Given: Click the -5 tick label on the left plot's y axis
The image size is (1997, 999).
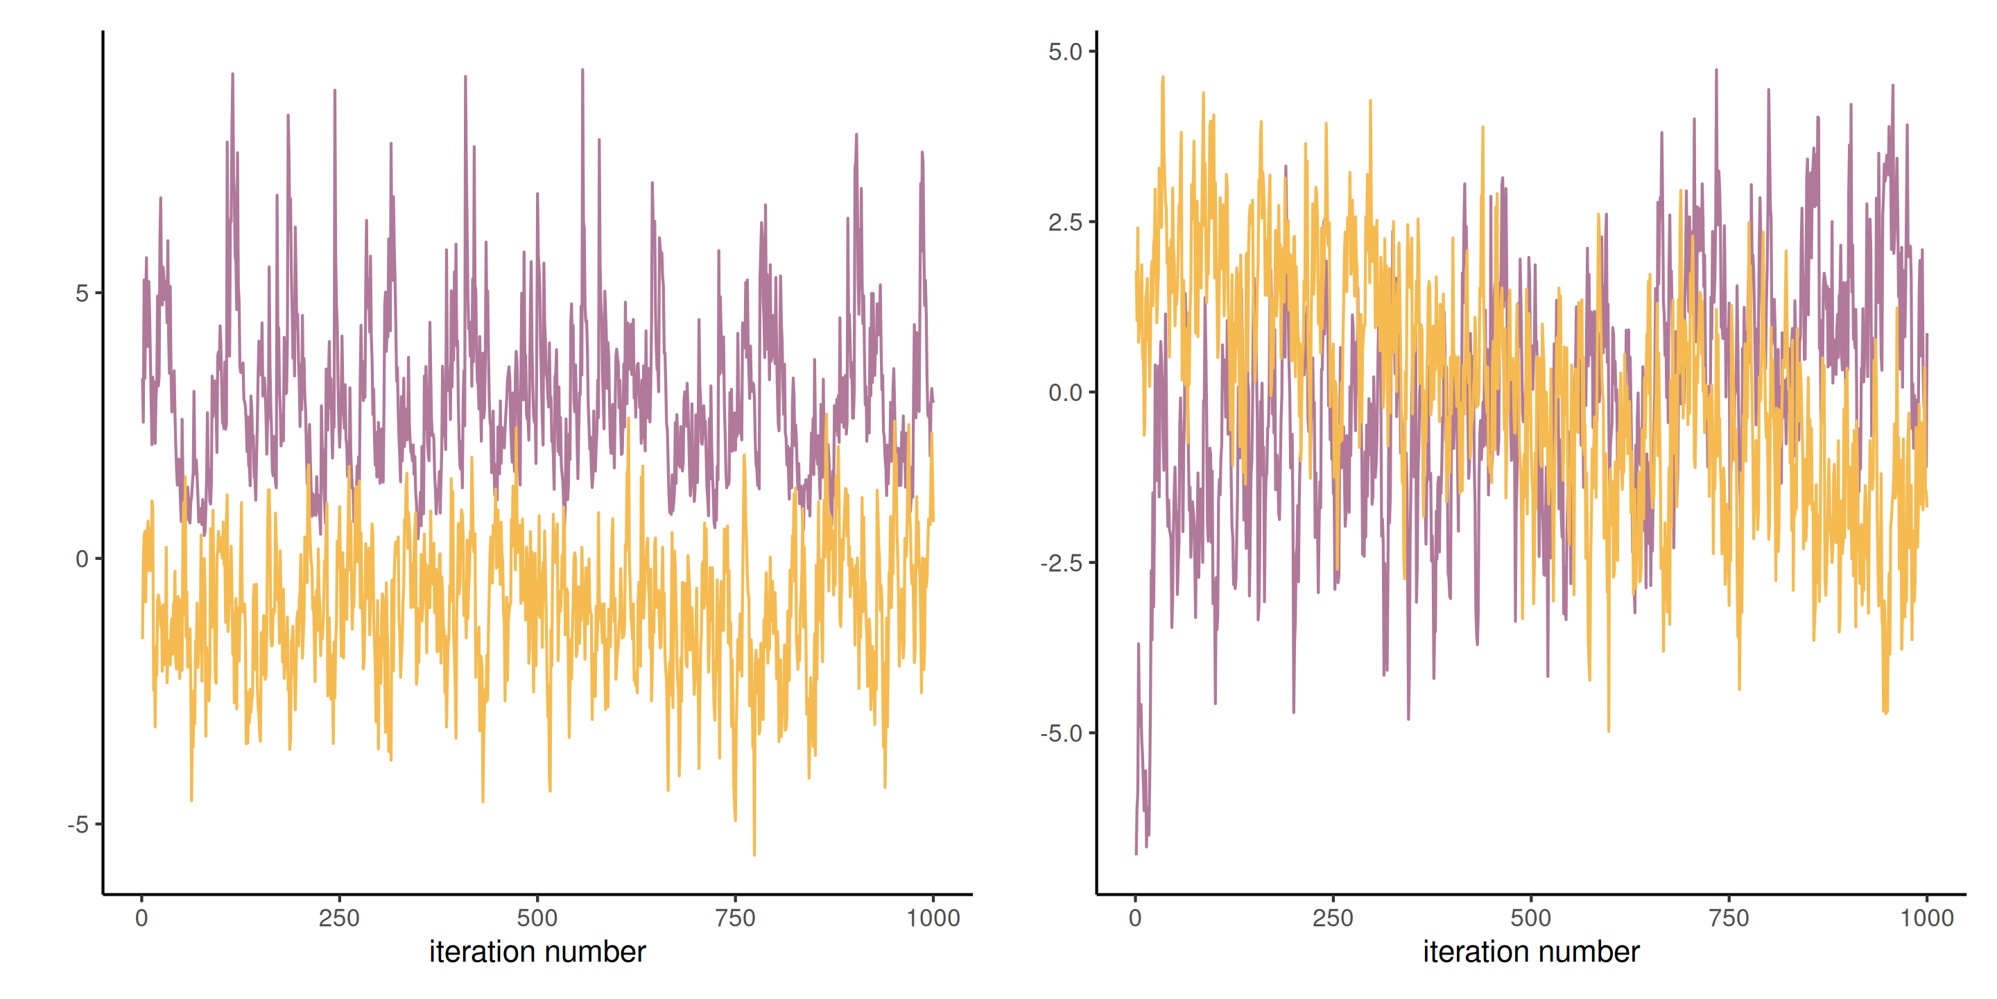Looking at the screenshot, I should tap(79, 824).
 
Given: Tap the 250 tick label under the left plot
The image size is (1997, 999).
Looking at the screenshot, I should tap(339, 919).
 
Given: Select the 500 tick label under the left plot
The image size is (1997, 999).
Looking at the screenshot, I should tap(537, 919).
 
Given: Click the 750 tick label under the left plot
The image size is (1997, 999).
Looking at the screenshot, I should tap(735, 919).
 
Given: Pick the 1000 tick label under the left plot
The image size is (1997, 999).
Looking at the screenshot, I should tap(933, 919).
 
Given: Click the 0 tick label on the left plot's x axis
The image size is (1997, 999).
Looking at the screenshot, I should tap(141, 919).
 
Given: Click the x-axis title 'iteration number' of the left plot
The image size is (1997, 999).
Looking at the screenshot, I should tap(537, 952).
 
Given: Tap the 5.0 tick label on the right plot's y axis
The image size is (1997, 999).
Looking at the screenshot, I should tap(1064, 52).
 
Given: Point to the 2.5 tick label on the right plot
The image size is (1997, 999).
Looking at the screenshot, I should tap(1064, 222).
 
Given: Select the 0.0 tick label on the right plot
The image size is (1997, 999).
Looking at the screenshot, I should tap(1064, 393).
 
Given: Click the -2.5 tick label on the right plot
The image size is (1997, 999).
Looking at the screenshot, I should tap(1062, 563).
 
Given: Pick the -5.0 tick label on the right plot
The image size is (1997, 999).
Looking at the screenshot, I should tap(1062, 733).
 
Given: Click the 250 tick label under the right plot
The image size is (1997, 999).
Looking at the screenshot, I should tap(1333, 919).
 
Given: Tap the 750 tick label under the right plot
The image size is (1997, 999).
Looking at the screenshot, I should tap(1729, 919).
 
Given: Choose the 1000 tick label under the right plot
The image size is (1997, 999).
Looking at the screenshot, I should tap(1926, 919).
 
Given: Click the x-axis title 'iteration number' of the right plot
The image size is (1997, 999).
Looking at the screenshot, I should tap(1531, 952).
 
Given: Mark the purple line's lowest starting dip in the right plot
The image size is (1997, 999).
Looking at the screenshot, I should tap(1136, 853).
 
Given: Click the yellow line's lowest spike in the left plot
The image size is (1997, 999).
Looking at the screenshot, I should tap(754, 855).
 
